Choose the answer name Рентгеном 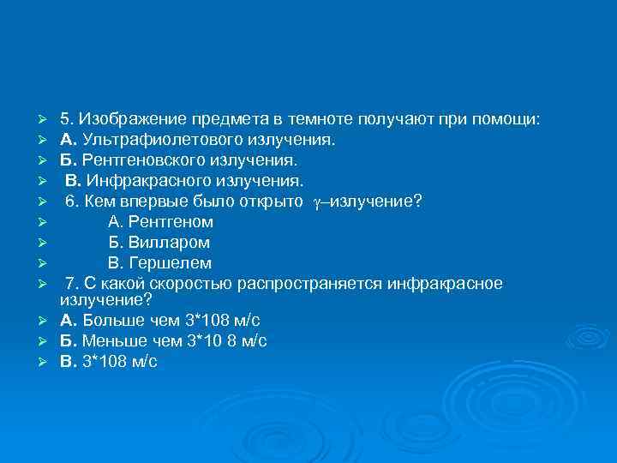[167, 222]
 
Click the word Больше [111, 321]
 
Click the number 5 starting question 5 [64, 118]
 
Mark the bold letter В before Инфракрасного [73, 181]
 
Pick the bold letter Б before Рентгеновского [66, 159]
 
